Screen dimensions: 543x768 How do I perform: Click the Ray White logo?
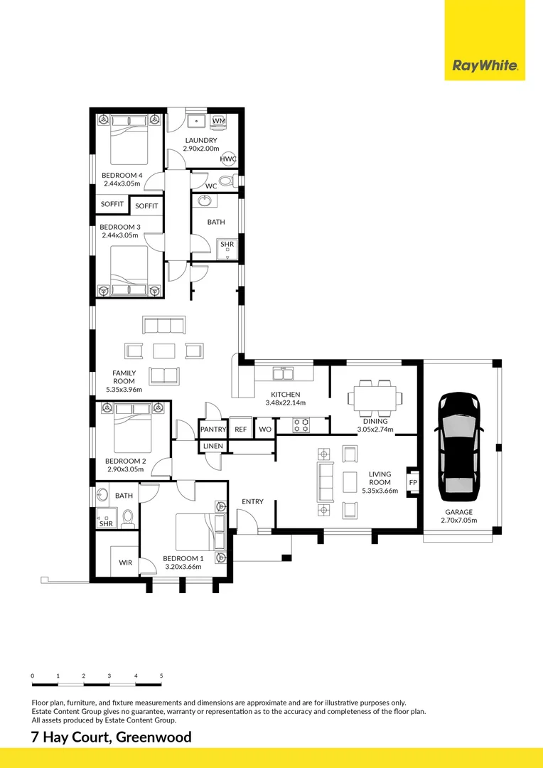[x=485, y=65]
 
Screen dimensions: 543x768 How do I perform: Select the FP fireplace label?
[x=413, y=482]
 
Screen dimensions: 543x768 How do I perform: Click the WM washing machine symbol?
[x=219, y=121]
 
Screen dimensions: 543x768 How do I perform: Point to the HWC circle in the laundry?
[x=227, y=159]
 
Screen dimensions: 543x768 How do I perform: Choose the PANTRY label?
[x=213, y=430]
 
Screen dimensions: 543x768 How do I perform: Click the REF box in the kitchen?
[x=240, y=430]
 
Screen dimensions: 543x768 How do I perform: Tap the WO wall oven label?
[x=265, y=430]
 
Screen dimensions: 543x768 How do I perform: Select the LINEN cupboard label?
[x=213, y=446]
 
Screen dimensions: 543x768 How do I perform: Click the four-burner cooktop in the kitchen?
[x=301, y=425]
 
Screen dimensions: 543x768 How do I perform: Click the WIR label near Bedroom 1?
[x=125, y=562]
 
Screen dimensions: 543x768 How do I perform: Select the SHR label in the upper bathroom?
[x=227, y=245]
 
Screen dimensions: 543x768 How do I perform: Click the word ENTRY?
[x=252, y=501]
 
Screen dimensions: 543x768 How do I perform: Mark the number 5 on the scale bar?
[x=161, y=676]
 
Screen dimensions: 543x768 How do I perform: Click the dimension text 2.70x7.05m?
[x=459, y=521]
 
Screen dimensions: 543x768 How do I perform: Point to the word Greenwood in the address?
[x=154, y=737]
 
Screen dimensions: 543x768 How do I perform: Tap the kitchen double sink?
[x=283, y=374]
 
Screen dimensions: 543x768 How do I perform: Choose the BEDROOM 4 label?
[x=122, y=176]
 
